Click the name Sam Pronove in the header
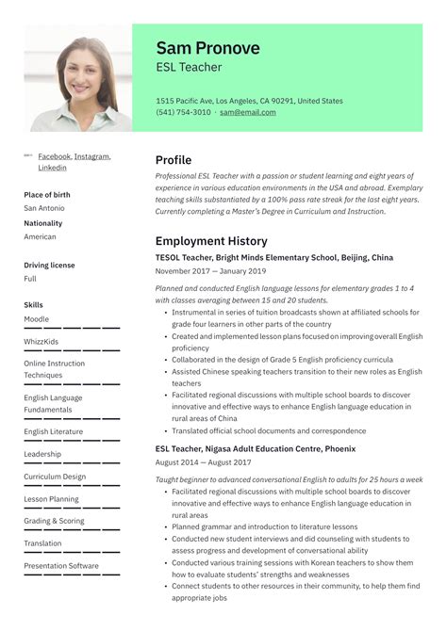tap(207, 48)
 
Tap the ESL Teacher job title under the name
tap(189, 68)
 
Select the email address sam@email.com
tap(248, 112)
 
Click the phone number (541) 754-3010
tap(183, 112)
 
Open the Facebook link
tap(54, 156)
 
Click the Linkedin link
tap(52, 168)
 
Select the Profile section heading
tap(173, 160)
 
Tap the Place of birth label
tap(46, 195)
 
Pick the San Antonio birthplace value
tap(43, 208)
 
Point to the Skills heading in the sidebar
tap(33, 305)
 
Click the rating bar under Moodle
tap(72, 328)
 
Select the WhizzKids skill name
tap(41, 341)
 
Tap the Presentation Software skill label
tap(61, 566)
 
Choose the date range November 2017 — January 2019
tap(209, 271)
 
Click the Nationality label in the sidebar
tap(42, 223)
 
